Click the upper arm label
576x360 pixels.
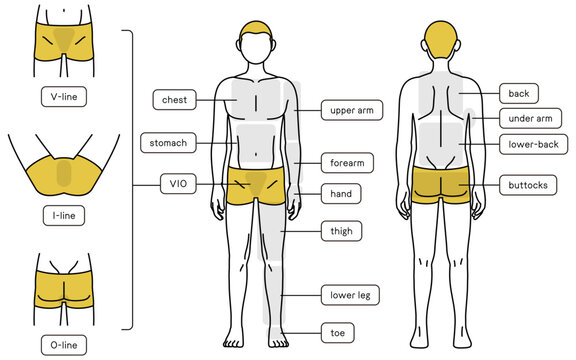pos(351,110)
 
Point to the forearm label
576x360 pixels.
pos(347,161)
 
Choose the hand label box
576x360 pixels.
pos(340,191)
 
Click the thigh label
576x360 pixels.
pos(341,231)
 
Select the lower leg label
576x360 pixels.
pos(349,295)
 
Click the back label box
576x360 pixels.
pos(518,93)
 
